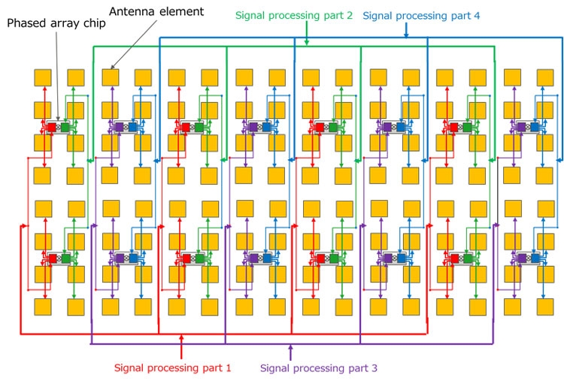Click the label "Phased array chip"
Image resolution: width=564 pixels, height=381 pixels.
(x=56, y=23)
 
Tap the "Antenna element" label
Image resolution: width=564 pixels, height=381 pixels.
(x=156, y=11)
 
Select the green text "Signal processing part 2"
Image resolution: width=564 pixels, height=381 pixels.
(x=294, y=16)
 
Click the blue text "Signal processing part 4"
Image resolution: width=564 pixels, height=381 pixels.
(x=421, y=16)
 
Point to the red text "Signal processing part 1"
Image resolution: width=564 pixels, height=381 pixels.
(x=173, y=367)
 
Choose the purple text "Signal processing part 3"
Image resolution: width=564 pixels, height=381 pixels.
(x=319, y=368)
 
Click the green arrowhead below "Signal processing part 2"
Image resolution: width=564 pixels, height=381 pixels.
(x=307, y=42)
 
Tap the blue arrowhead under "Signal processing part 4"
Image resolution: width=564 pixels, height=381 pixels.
(x=406, y=35)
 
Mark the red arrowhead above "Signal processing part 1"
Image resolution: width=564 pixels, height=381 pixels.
(x=181, y=337)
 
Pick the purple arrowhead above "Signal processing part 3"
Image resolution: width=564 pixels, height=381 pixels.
(x=290, y=347)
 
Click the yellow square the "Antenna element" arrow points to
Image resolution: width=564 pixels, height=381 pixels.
(x=111, y=77)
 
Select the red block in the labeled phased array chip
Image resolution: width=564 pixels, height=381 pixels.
(x=52, y=127)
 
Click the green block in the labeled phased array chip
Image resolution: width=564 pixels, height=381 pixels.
(x=65, y=127)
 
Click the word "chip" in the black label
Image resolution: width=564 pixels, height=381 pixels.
(x=94, y=24)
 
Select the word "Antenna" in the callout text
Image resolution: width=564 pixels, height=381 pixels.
(x=132, y=11)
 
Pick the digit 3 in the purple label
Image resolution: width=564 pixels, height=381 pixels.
(x=374, y=368)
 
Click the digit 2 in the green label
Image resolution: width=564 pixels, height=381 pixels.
(x=349, y=16)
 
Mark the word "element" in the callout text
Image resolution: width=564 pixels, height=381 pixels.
(x=181, y=11)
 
